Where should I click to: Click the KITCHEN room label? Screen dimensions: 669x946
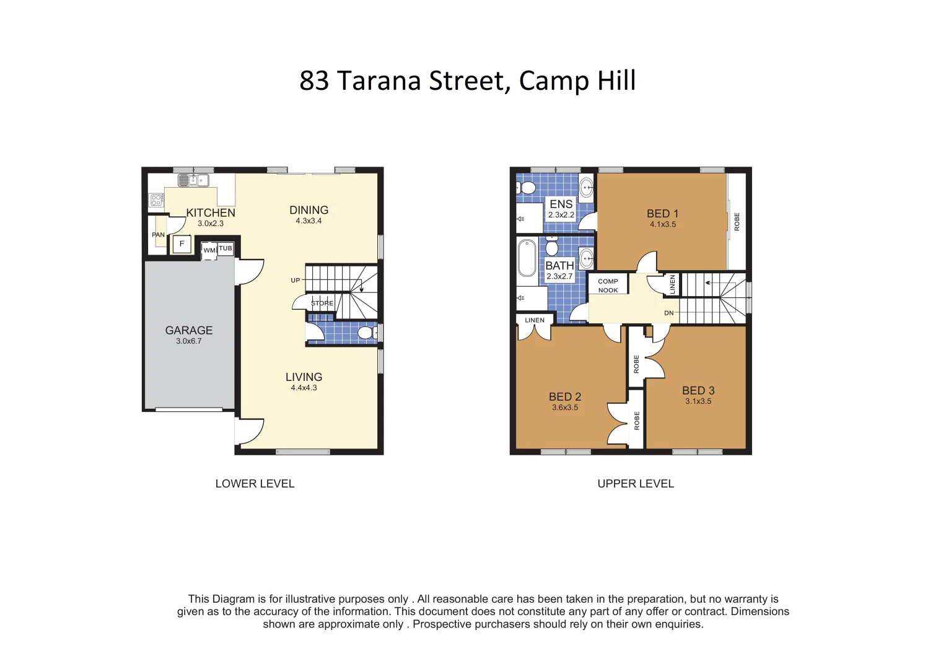[211, 212]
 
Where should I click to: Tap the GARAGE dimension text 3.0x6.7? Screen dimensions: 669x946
[188, 341]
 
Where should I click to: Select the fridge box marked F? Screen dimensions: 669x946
[182, 244]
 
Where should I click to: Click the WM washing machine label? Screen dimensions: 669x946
[209, 250]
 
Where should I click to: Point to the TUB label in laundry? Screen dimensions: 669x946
[226, 248]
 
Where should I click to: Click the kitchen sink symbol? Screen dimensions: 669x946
[193, 180]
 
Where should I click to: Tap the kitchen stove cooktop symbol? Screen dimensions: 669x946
[157, 200]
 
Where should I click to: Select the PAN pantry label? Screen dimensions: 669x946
[159, 235]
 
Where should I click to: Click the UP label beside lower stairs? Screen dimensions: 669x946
[296, 281]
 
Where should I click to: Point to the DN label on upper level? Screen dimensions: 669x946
[669, 313]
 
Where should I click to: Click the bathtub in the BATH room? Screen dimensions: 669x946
[527, 258]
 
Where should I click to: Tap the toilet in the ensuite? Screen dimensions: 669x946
[527, 187]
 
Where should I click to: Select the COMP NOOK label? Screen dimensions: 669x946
[608, 286]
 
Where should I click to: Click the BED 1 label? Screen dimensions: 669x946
[662, 214]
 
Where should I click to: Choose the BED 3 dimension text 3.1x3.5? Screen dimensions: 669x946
[698, 401]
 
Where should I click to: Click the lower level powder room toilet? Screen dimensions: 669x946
[366, 333]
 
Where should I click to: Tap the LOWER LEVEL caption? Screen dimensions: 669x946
[255, 484]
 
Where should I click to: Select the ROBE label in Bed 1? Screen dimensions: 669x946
[737, 222]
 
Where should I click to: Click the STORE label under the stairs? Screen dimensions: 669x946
[322, 304]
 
